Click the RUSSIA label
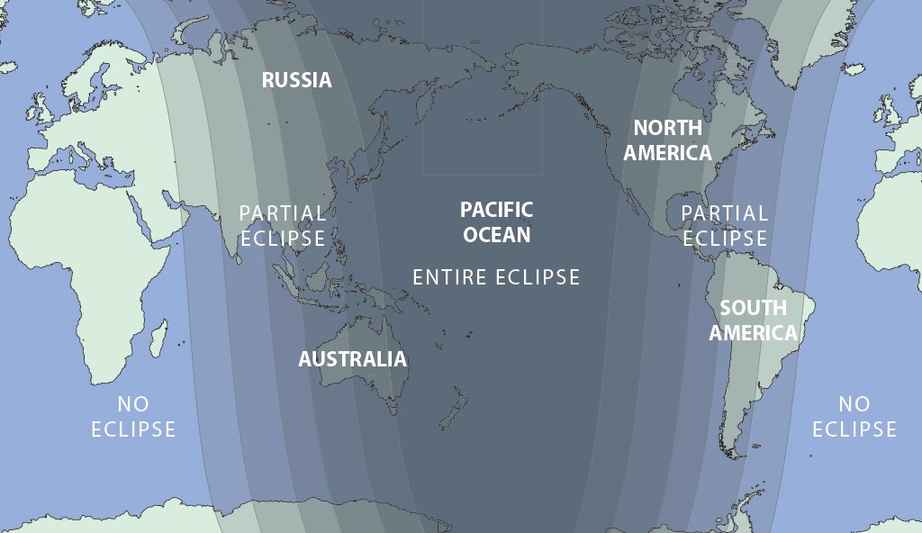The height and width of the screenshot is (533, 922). tap(296, 80)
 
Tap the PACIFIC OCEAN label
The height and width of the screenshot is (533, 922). tap(496, 221)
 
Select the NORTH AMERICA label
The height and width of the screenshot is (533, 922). tap(667, 140)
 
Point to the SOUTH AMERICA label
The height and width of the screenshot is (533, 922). tap(753, 321)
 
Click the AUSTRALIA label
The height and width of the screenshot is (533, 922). tap(352, 359)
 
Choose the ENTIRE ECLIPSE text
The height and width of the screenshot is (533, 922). tap(496, 277)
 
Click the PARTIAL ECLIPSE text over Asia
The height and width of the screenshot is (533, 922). tap(282, 226)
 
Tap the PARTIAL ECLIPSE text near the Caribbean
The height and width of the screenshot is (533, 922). tap(725, 226)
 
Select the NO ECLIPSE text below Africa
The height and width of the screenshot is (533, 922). tap(133, 417)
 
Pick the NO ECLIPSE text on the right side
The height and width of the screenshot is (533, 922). tap(854, 417)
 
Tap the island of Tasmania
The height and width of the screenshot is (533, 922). tap(393, 410)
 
